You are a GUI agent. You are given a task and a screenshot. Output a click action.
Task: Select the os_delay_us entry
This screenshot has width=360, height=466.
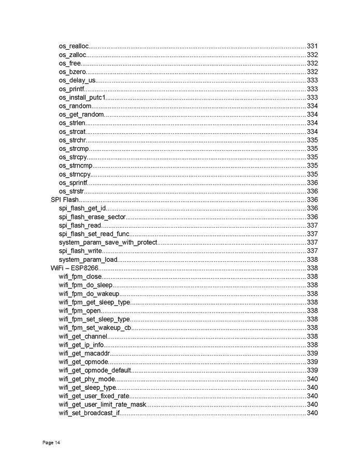(x=77, y=80)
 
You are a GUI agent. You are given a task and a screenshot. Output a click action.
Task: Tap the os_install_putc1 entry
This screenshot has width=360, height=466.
(x=82, y=97)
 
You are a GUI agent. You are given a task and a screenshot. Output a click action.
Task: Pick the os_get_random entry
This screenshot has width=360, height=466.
(x=81, y=115)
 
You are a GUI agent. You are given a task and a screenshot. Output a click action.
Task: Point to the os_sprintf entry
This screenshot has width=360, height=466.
(x=73, y=182)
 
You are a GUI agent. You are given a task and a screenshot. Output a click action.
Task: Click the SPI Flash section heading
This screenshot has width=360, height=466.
(x=64, y=200)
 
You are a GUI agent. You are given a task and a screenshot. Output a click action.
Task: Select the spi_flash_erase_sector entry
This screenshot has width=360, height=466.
(x=92, y=217)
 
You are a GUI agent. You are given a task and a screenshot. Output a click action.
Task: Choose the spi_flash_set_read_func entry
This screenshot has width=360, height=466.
(x=94, y=234)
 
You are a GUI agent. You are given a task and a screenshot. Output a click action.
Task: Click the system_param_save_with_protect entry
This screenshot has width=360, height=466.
(x=108, y=242)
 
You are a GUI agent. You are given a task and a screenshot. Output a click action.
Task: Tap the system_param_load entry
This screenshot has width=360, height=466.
(x=87, y=259)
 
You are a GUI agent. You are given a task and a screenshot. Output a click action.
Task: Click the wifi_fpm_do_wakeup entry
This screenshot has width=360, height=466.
(x=89, y=293)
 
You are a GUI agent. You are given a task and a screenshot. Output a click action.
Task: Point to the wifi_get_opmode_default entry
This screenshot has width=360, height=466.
(x=95, y=370)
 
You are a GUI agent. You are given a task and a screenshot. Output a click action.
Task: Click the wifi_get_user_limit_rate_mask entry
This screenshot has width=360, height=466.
(x=103, y=404)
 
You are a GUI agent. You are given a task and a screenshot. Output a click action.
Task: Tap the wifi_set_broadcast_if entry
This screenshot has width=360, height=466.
(x=89, y=413)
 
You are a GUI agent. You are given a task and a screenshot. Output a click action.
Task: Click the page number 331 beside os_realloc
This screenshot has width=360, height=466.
(x=312, y=46)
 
